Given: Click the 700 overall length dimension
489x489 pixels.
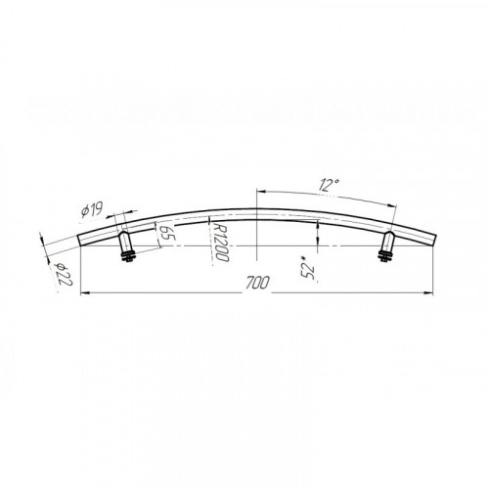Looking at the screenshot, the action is [257, 283].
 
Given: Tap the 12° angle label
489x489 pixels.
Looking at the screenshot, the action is [329, 185].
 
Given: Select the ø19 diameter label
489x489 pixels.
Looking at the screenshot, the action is [92, 210].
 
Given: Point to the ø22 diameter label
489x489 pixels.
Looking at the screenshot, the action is [64, 274].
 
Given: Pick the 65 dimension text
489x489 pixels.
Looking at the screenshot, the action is [168, 232].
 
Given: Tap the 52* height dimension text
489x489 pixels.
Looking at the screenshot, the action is [308, 267].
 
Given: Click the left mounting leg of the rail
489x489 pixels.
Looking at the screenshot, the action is [126, 243].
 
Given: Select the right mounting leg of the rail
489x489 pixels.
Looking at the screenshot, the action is [388, 243].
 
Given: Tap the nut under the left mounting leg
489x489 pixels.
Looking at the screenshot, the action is [128, 258].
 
